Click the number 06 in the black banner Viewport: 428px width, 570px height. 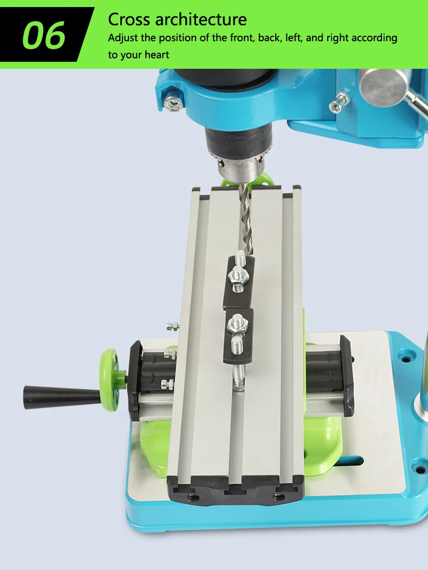44,36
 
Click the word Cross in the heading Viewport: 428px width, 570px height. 128,19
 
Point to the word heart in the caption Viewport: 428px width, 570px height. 155,55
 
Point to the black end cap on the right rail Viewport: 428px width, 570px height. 346,374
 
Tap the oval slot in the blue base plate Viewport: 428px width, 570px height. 347,461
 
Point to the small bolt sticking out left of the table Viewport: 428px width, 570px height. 172,326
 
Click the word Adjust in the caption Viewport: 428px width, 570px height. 123,38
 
